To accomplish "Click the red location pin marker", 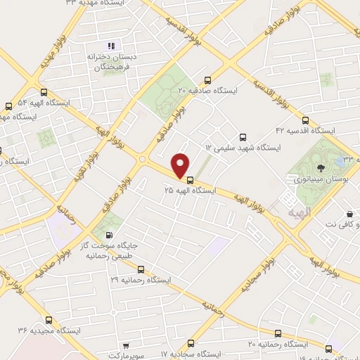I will point(181,165).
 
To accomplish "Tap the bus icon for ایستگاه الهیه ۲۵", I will point(190,179).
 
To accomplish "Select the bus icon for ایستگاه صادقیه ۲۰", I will point(206,80).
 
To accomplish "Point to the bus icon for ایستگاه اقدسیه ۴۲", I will point(305,120).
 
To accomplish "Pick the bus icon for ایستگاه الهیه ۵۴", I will point(45,92).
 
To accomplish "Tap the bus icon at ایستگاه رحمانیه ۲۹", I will point(141,269).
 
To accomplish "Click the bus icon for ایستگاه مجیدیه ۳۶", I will point(48,319).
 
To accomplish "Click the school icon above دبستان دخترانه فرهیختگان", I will point(111,46).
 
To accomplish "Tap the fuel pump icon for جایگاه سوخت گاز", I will point(108,236).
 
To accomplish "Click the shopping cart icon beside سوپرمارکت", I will point(125,346).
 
